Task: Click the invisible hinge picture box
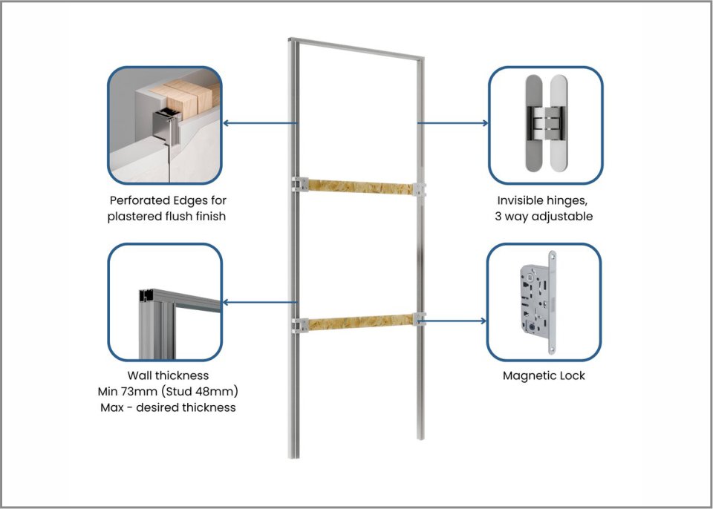(545, 125)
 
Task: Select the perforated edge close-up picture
(165, 125)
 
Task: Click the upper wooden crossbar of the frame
(360, 184)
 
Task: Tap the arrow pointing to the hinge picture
(452, 123)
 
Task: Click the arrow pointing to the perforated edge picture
(259, 123)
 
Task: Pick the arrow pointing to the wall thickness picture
(259, 302)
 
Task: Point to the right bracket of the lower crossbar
(421, 320)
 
